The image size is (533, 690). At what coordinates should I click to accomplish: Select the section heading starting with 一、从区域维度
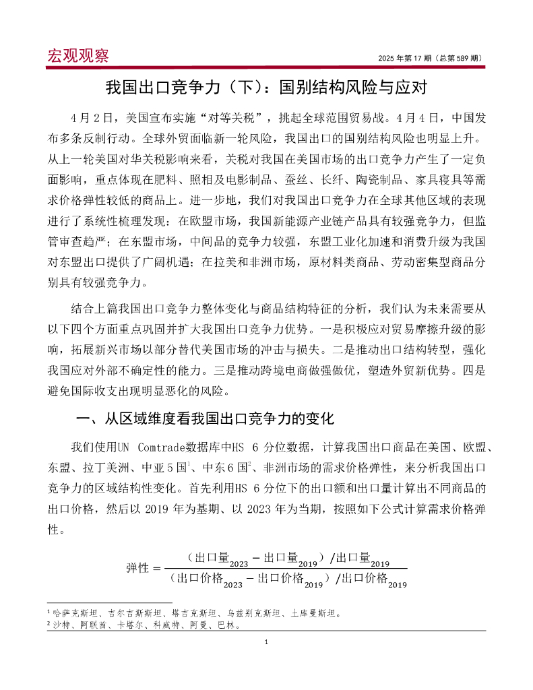click(x=205, y=419)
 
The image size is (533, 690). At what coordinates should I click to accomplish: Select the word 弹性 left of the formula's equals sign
click(x=139, y=567)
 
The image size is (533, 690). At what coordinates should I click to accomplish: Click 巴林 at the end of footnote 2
click(x=233, y=625)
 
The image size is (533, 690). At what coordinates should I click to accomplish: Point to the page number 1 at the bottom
click(x=266, y=642)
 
